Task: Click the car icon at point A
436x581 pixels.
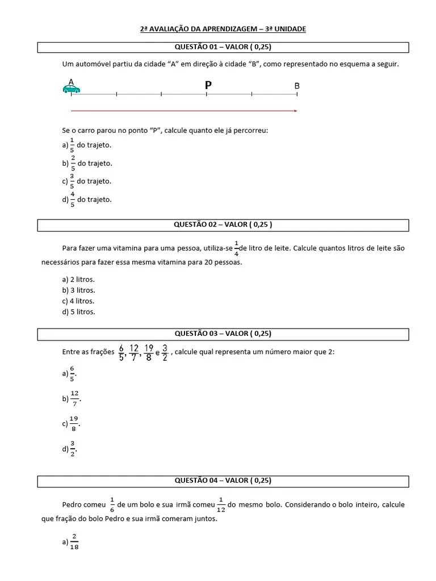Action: point(71,89)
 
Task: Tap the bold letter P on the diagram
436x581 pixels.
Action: point(208,85)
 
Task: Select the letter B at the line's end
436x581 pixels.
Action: point(297,86)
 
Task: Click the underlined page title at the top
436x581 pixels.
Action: point(223,28)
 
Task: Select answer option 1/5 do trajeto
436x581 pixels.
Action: point(87,145)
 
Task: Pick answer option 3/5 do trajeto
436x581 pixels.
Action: point(87,182)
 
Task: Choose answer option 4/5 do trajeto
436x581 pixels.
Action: point(87,200)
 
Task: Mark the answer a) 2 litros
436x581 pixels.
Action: point(78,279)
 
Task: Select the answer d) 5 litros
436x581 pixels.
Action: point(78,311)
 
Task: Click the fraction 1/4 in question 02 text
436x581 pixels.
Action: point(236,248)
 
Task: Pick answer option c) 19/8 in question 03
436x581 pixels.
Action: point(72,423)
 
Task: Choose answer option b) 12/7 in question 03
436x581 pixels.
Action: point(73,399)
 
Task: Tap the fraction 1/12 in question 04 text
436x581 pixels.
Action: point(221,504)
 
